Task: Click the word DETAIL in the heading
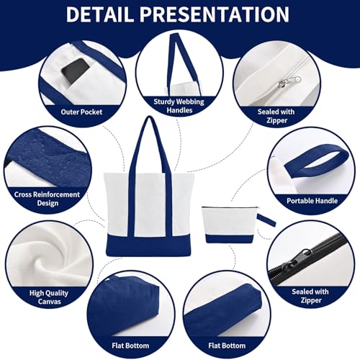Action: point(99,14)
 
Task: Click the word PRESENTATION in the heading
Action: point(215,14)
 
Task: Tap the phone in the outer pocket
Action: point(75,71)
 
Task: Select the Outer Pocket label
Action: point(81,112)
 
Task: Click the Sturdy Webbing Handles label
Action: point(179,106)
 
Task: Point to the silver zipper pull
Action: point(289,81)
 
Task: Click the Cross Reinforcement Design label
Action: point(47,199)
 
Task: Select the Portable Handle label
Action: point(312,201)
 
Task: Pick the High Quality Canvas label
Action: point(49,297)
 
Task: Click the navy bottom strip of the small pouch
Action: point(230,238)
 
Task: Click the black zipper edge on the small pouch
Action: point(228,207)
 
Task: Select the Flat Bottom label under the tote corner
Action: point(130,346)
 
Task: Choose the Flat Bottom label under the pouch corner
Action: point(227,346)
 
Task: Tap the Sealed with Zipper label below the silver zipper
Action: point(276,116)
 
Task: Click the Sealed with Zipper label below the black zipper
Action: point(310,296)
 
